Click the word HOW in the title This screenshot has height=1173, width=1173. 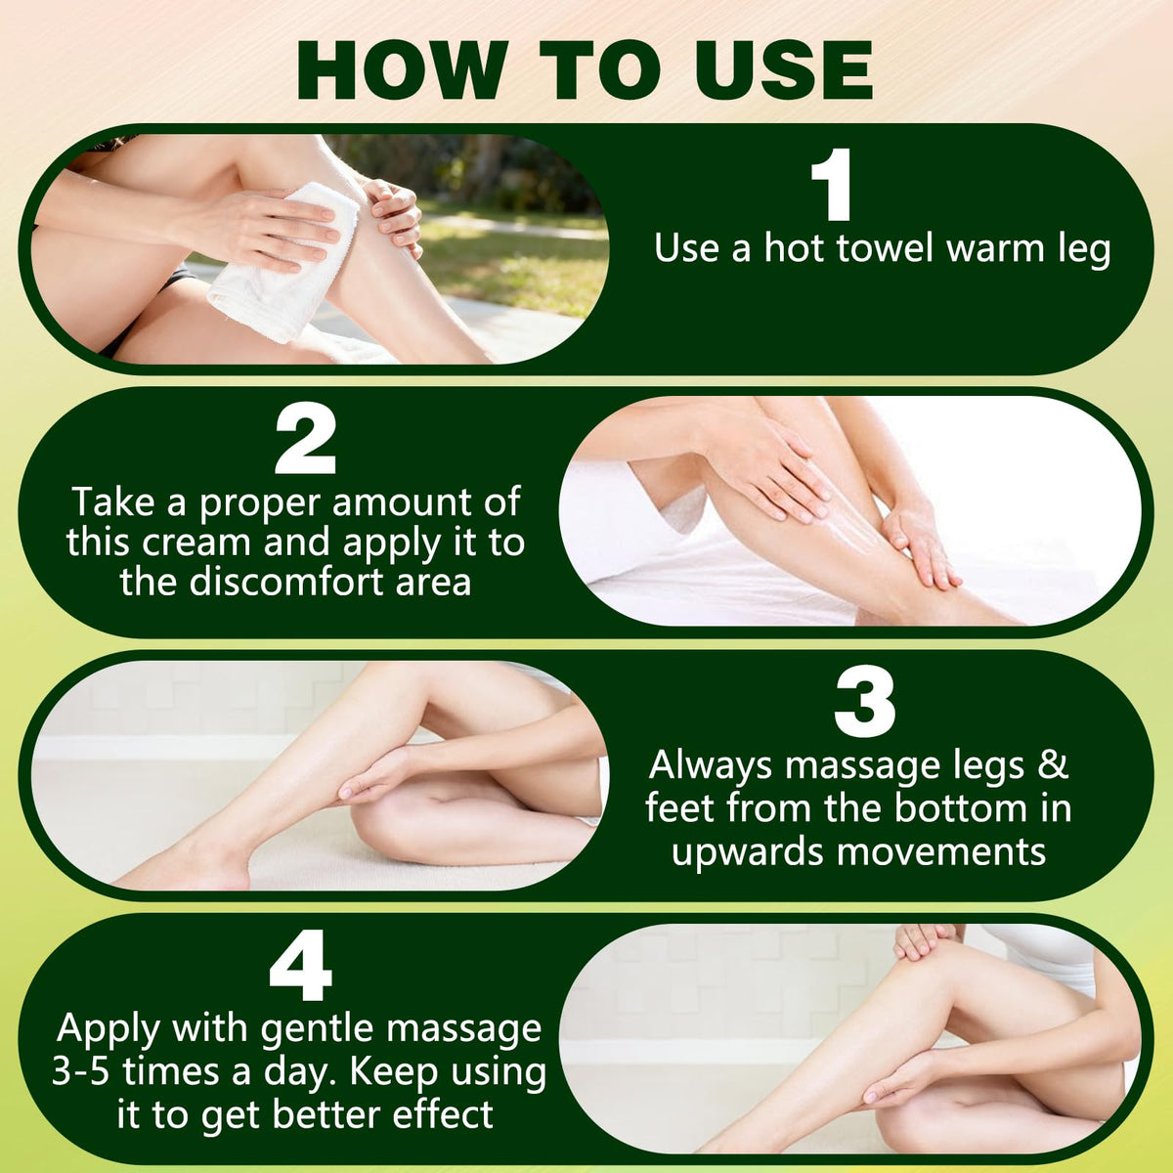click(402, 70)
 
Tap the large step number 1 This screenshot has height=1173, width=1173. click(832, 185)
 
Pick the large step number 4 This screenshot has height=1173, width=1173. click(301, 966)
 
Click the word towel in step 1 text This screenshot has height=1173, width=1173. click(885, 248)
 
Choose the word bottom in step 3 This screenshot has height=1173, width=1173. click(956, 808)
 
